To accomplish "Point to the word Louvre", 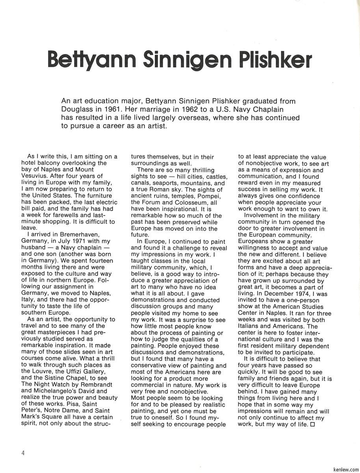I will coord(47,371).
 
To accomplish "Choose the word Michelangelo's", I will coord(54,391).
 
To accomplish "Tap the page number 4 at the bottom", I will coord(23,453).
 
